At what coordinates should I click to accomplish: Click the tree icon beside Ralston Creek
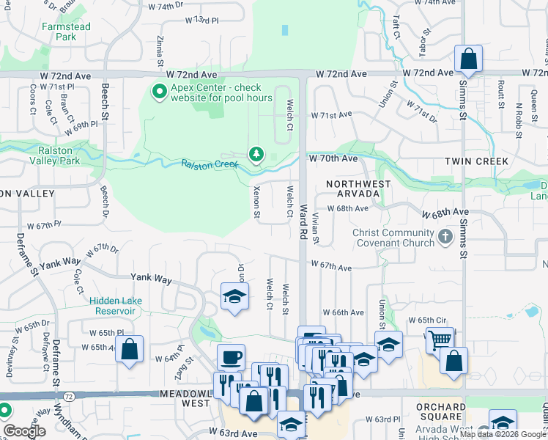(x=256, y=154)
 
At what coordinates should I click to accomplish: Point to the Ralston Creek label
(x=210, y=164)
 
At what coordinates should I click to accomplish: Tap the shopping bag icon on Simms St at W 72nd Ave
(x=467, y=59)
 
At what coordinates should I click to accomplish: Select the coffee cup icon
(x=231, y=357)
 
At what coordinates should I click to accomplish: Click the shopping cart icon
(x=439, y=340)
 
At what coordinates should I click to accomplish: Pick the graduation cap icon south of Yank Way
(x=234, y=296)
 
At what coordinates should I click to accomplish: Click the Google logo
(x=24, y=431)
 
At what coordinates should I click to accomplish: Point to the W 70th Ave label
(x=333, y=158)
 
